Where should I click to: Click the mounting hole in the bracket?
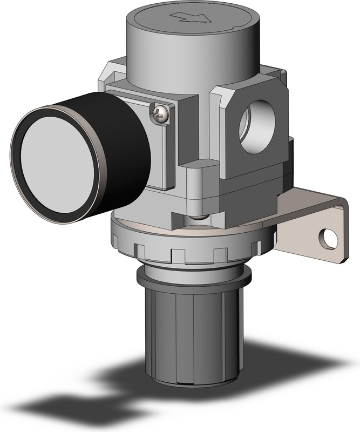coord(324,237)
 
